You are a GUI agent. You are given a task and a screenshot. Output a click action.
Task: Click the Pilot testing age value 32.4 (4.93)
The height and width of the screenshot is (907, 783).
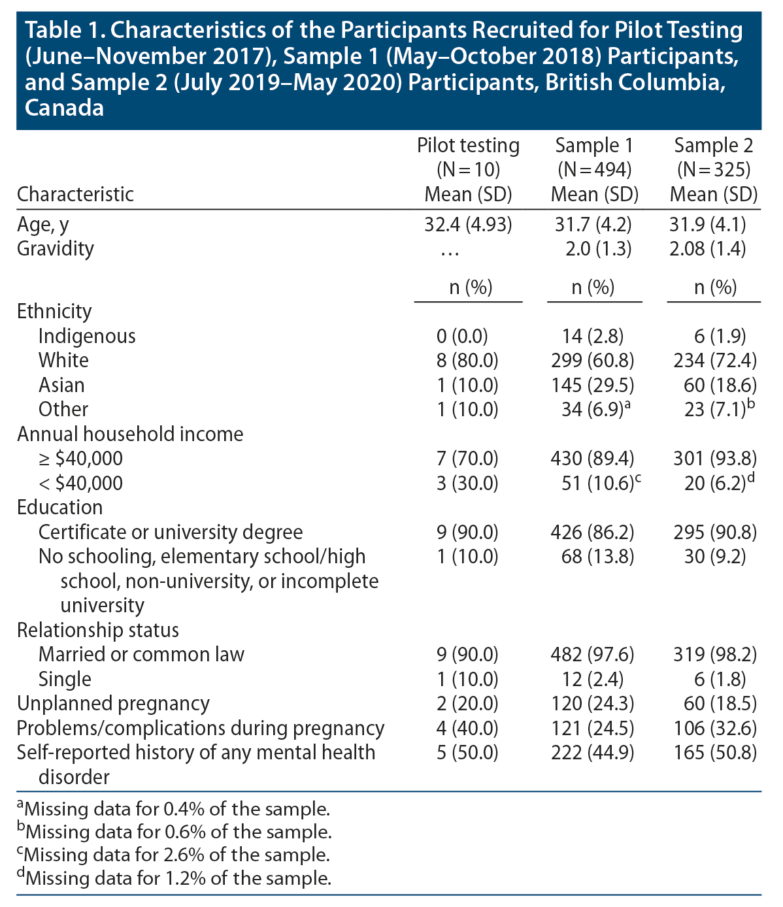(468, 225)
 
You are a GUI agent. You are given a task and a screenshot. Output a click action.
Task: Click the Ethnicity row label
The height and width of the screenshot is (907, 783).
(54, 311)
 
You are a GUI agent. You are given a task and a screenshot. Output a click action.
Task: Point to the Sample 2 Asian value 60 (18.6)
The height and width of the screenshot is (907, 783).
(714, 385)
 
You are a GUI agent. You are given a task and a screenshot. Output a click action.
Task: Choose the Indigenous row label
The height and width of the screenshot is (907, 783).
(87, 336)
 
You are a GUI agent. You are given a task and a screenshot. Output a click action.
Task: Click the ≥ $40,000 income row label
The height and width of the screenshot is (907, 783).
(80, 459)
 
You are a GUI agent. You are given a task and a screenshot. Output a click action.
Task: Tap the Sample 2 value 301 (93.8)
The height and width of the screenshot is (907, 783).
(714, 459)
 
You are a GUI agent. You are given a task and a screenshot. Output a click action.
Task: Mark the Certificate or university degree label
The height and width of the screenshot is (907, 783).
(171, 532)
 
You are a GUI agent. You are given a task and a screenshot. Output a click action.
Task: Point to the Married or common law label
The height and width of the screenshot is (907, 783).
(141, 654)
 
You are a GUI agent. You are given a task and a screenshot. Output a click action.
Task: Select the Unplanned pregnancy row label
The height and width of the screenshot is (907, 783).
(113, 704)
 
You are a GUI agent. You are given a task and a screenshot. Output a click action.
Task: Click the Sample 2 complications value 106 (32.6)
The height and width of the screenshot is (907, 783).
(714, 728)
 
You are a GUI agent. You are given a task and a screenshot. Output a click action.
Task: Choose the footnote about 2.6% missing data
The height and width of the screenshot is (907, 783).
(173, 855)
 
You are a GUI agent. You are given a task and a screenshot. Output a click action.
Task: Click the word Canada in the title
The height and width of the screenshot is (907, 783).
(64, 107)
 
